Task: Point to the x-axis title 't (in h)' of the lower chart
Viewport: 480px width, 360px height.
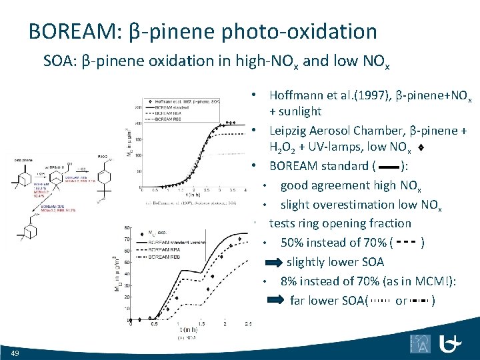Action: coord(190,331)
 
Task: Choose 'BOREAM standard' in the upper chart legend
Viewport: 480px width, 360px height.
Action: coord(172,107)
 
